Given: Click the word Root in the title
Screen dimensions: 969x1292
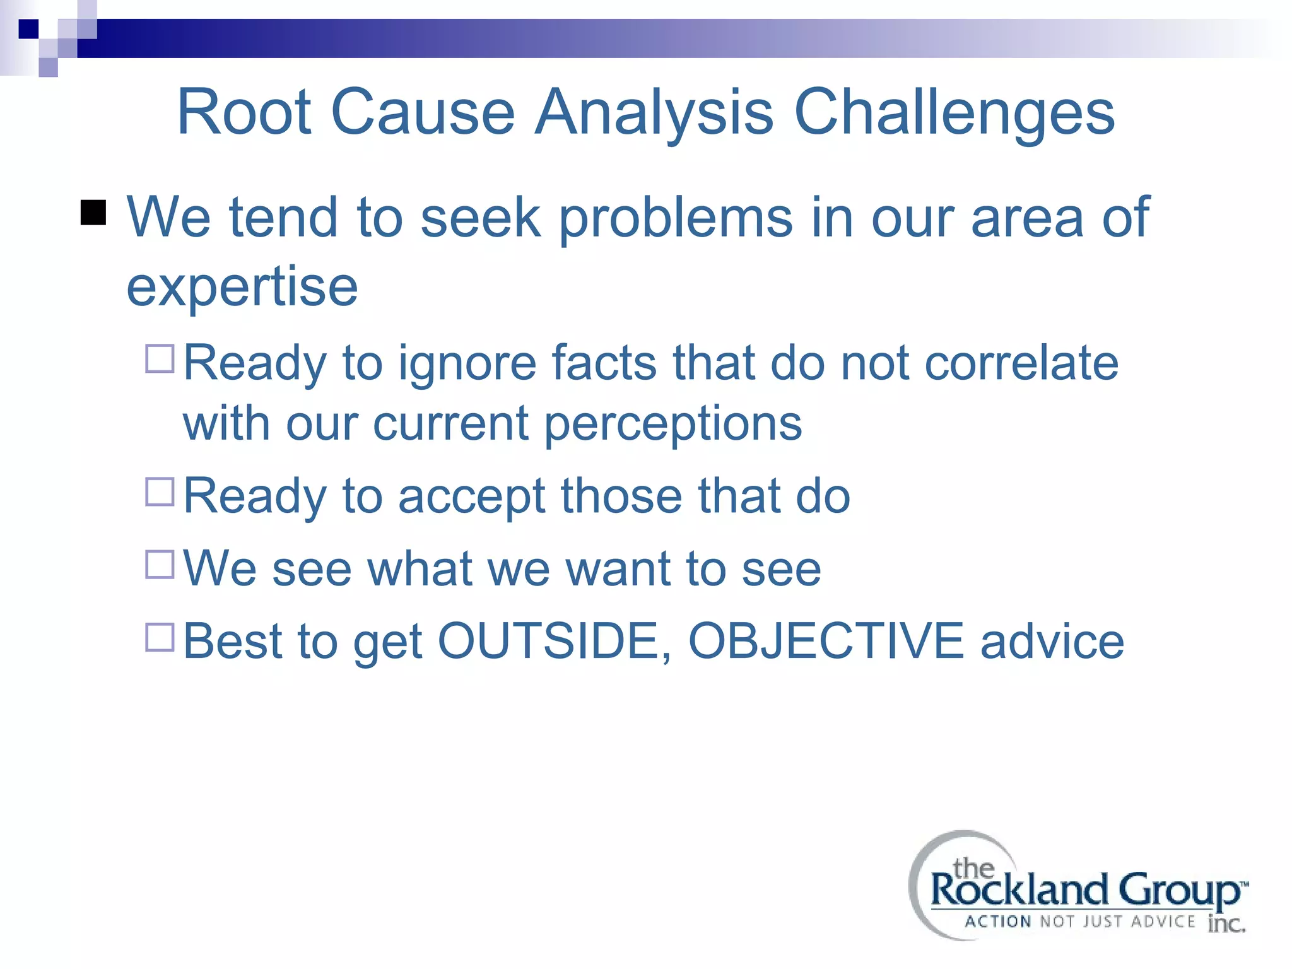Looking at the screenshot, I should [245, 112].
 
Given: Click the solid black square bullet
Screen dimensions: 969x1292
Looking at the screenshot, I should [93, 213].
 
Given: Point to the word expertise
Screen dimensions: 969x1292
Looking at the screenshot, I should [242, 287].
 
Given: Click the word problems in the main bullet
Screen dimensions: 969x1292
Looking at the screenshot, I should [676, 218].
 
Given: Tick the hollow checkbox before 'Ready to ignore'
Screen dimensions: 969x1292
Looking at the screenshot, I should [160, 358].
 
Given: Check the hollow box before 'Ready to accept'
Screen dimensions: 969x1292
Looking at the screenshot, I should [160, 491].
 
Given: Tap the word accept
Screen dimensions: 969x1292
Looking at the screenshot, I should [472, 496].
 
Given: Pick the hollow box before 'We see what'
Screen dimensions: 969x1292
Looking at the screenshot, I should [160, 564].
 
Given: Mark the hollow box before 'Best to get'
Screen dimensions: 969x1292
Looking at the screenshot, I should [160, 637].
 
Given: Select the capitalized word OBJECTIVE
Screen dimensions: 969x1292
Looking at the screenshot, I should [826, 641].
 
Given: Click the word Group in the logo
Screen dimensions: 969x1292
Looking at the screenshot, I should [1178, 891].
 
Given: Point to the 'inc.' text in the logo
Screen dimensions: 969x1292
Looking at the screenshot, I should [1226, 924].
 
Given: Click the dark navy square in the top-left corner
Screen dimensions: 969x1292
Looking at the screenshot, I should [28, 29].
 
